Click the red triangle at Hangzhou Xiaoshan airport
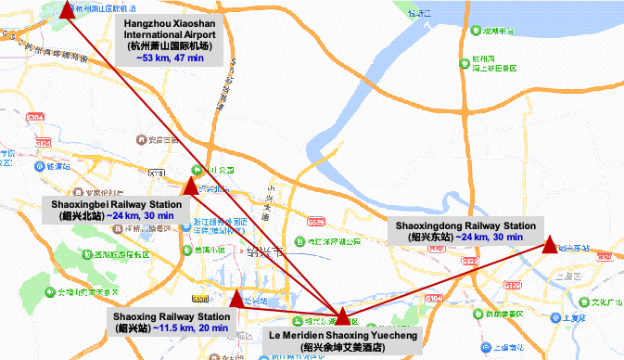pyautogui.click(x=67, y=9)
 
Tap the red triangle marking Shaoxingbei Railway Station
pyautogui.click(x=190, y=186)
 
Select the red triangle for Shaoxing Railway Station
pyautogui.click(x=236, y=298)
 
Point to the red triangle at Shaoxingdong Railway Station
pyautogui.click(x=550, y=245)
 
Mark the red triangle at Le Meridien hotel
pyautogui.click(x=341, y=315)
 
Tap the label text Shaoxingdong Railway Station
pyautogui.click(x=465, y=225)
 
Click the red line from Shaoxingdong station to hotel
pyautogui.click(x=445, y=280)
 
